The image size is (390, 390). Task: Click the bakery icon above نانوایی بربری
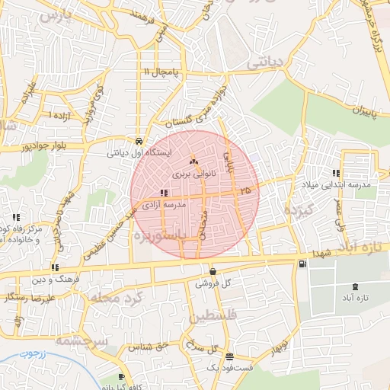click(193, 161)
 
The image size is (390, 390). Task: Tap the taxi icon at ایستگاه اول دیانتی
click(139, 141)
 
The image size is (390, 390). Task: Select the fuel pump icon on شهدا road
click(304, 264)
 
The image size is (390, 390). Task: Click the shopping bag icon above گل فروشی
click(212, 271)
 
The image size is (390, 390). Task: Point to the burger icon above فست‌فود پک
click(229, 356)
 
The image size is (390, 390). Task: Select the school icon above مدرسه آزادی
click(164, 193)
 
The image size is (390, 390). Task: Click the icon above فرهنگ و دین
click(55, 267)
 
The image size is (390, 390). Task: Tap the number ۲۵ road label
click(245, 189)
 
